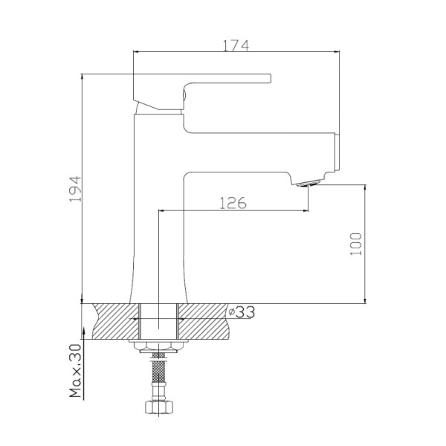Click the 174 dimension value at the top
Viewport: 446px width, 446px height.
(x=236, y=45)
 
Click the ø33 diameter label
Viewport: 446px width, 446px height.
(x=242, y=312)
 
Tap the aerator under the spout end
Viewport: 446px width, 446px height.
(x=306, y=183)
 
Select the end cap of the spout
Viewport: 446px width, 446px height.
(x=336, y=155)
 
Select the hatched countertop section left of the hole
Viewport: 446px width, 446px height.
(x=111, y=320)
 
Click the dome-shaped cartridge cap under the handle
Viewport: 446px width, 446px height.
(x=158, y=108)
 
